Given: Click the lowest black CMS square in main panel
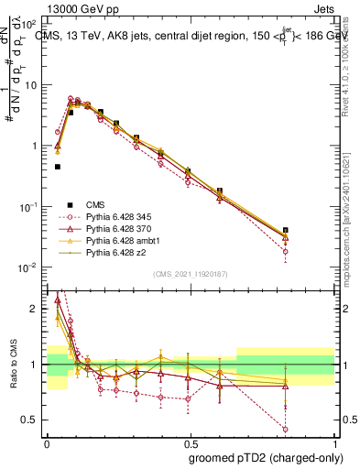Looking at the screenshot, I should (x=58, y=167).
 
